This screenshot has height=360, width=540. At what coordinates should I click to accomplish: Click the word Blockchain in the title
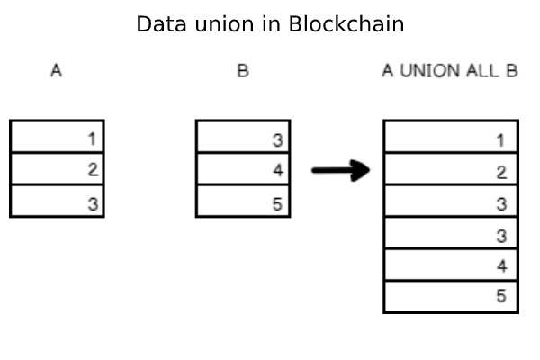point(346,24)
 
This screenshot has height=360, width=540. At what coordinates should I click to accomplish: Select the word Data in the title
point(158,24)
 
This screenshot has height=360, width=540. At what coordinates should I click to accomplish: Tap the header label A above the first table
point(56,71)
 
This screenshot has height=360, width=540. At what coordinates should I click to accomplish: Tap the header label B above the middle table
point(242,71)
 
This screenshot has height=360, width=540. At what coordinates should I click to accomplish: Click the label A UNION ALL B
point(449,71)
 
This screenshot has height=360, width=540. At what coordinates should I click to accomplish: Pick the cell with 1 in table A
point(57,137)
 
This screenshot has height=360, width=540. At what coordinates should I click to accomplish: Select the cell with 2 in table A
point(57,169)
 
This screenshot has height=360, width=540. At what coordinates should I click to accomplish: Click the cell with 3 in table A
point(57,202)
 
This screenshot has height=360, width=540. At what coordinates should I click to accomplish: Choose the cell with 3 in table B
point(243,137)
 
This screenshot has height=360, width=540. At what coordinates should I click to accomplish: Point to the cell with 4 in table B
point(243,169)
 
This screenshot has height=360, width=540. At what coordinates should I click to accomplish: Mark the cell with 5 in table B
point(243,202)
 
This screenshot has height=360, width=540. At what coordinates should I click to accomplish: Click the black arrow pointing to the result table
point(341,170)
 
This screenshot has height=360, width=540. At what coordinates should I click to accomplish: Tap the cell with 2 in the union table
point(450,169)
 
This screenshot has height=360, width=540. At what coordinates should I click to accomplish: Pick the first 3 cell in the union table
point(450,202)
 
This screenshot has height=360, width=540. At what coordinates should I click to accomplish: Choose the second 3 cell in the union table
point(450,233)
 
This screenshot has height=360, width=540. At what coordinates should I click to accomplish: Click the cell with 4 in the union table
point(450,265)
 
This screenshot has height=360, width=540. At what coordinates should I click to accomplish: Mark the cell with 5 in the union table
point(450,296)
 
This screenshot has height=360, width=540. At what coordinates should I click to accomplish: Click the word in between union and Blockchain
point(273,24)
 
